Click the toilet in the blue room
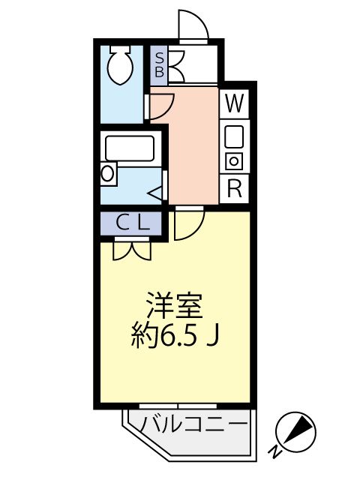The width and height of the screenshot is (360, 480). (x=118, y=66)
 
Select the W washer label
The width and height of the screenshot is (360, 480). (x=234, y=103)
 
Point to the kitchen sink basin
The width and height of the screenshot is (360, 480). (x=234, y=136)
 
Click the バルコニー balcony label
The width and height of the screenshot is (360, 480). (x=193, y=425)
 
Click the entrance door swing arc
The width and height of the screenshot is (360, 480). (x=193, y=24)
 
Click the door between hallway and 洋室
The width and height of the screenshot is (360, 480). (x=190, y=224)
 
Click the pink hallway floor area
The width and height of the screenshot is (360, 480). (x=193, y=146)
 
